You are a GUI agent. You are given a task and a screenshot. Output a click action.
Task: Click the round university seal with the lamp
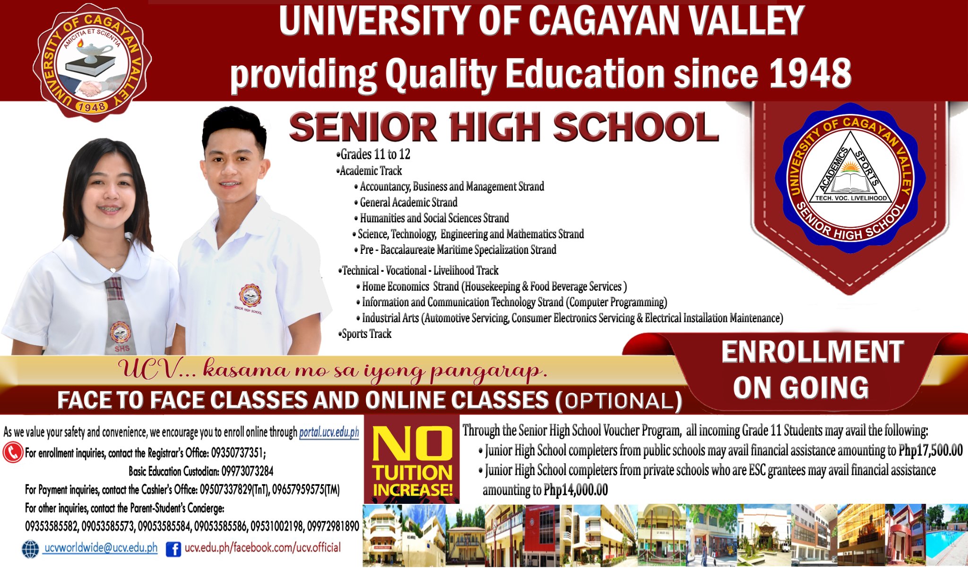(92, 62)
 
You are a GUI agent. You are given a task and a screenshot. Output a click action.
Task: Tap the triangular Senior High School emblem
(850, 178)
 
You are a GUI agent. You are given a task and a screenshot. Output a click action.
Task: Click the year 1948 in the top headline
(810, 73)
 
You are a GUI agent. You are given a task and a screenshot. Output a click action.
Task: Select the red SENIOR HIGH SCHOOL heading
(504, 127)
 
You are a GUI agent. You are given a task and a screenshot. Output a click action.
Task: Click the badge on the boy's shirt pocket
(250, 296)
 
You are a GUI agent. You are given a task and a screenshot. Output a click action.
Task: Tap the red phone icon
(13, 452)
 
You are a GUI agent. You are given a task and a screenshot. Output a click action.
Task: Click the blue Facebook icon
(173, 549)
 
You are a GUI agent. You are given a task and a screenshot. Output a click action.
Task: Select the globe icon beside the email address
(31, 549)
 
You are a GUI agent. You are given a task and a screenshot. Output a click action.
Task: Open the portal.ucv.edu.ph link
(329, 432)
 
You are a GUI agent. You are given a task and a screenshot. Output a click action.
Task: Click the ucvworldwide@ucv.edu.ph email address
(101, 548)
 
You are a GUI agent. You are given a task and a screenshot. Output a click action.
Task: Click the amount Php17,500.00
(930, 450)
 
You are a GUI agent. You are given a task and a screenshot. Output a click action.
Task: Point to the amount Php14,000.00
(576, 490)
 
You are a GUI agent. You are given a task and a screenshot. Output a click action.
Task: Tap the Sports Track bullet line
(365, 334)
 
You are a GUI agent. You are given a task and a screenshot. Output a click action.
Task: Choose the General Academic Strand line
(406, 202)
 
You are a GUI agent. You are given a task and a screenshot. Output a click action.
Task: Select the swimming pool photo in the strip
(946, 535)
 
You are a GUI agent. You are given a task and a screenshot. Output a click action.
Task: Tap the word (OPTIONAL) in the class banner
(619, 401)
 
